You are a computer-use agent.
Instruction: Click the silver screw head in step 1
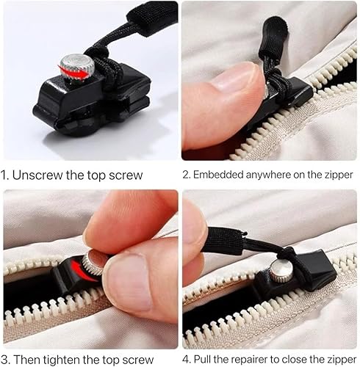77,67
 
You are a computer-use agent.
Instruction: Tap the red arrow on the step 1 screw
73,71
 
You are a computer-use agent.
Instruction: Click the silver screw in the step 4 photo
281,271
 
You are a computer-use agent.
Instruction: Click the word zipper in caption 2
339,175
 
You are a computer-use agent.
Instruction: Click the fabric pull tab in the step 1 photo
152,17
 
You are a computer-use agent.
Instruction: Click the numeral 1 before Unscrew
4,175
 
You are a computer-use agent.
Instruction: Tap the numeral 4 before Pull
187,360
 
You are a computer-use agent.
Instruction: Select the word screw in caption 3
138,360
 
